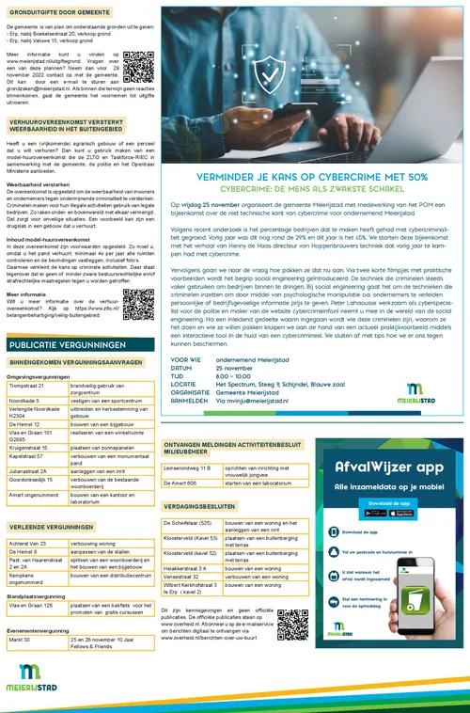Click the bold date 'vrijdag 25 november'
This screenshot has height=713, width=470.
(202, 203)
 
